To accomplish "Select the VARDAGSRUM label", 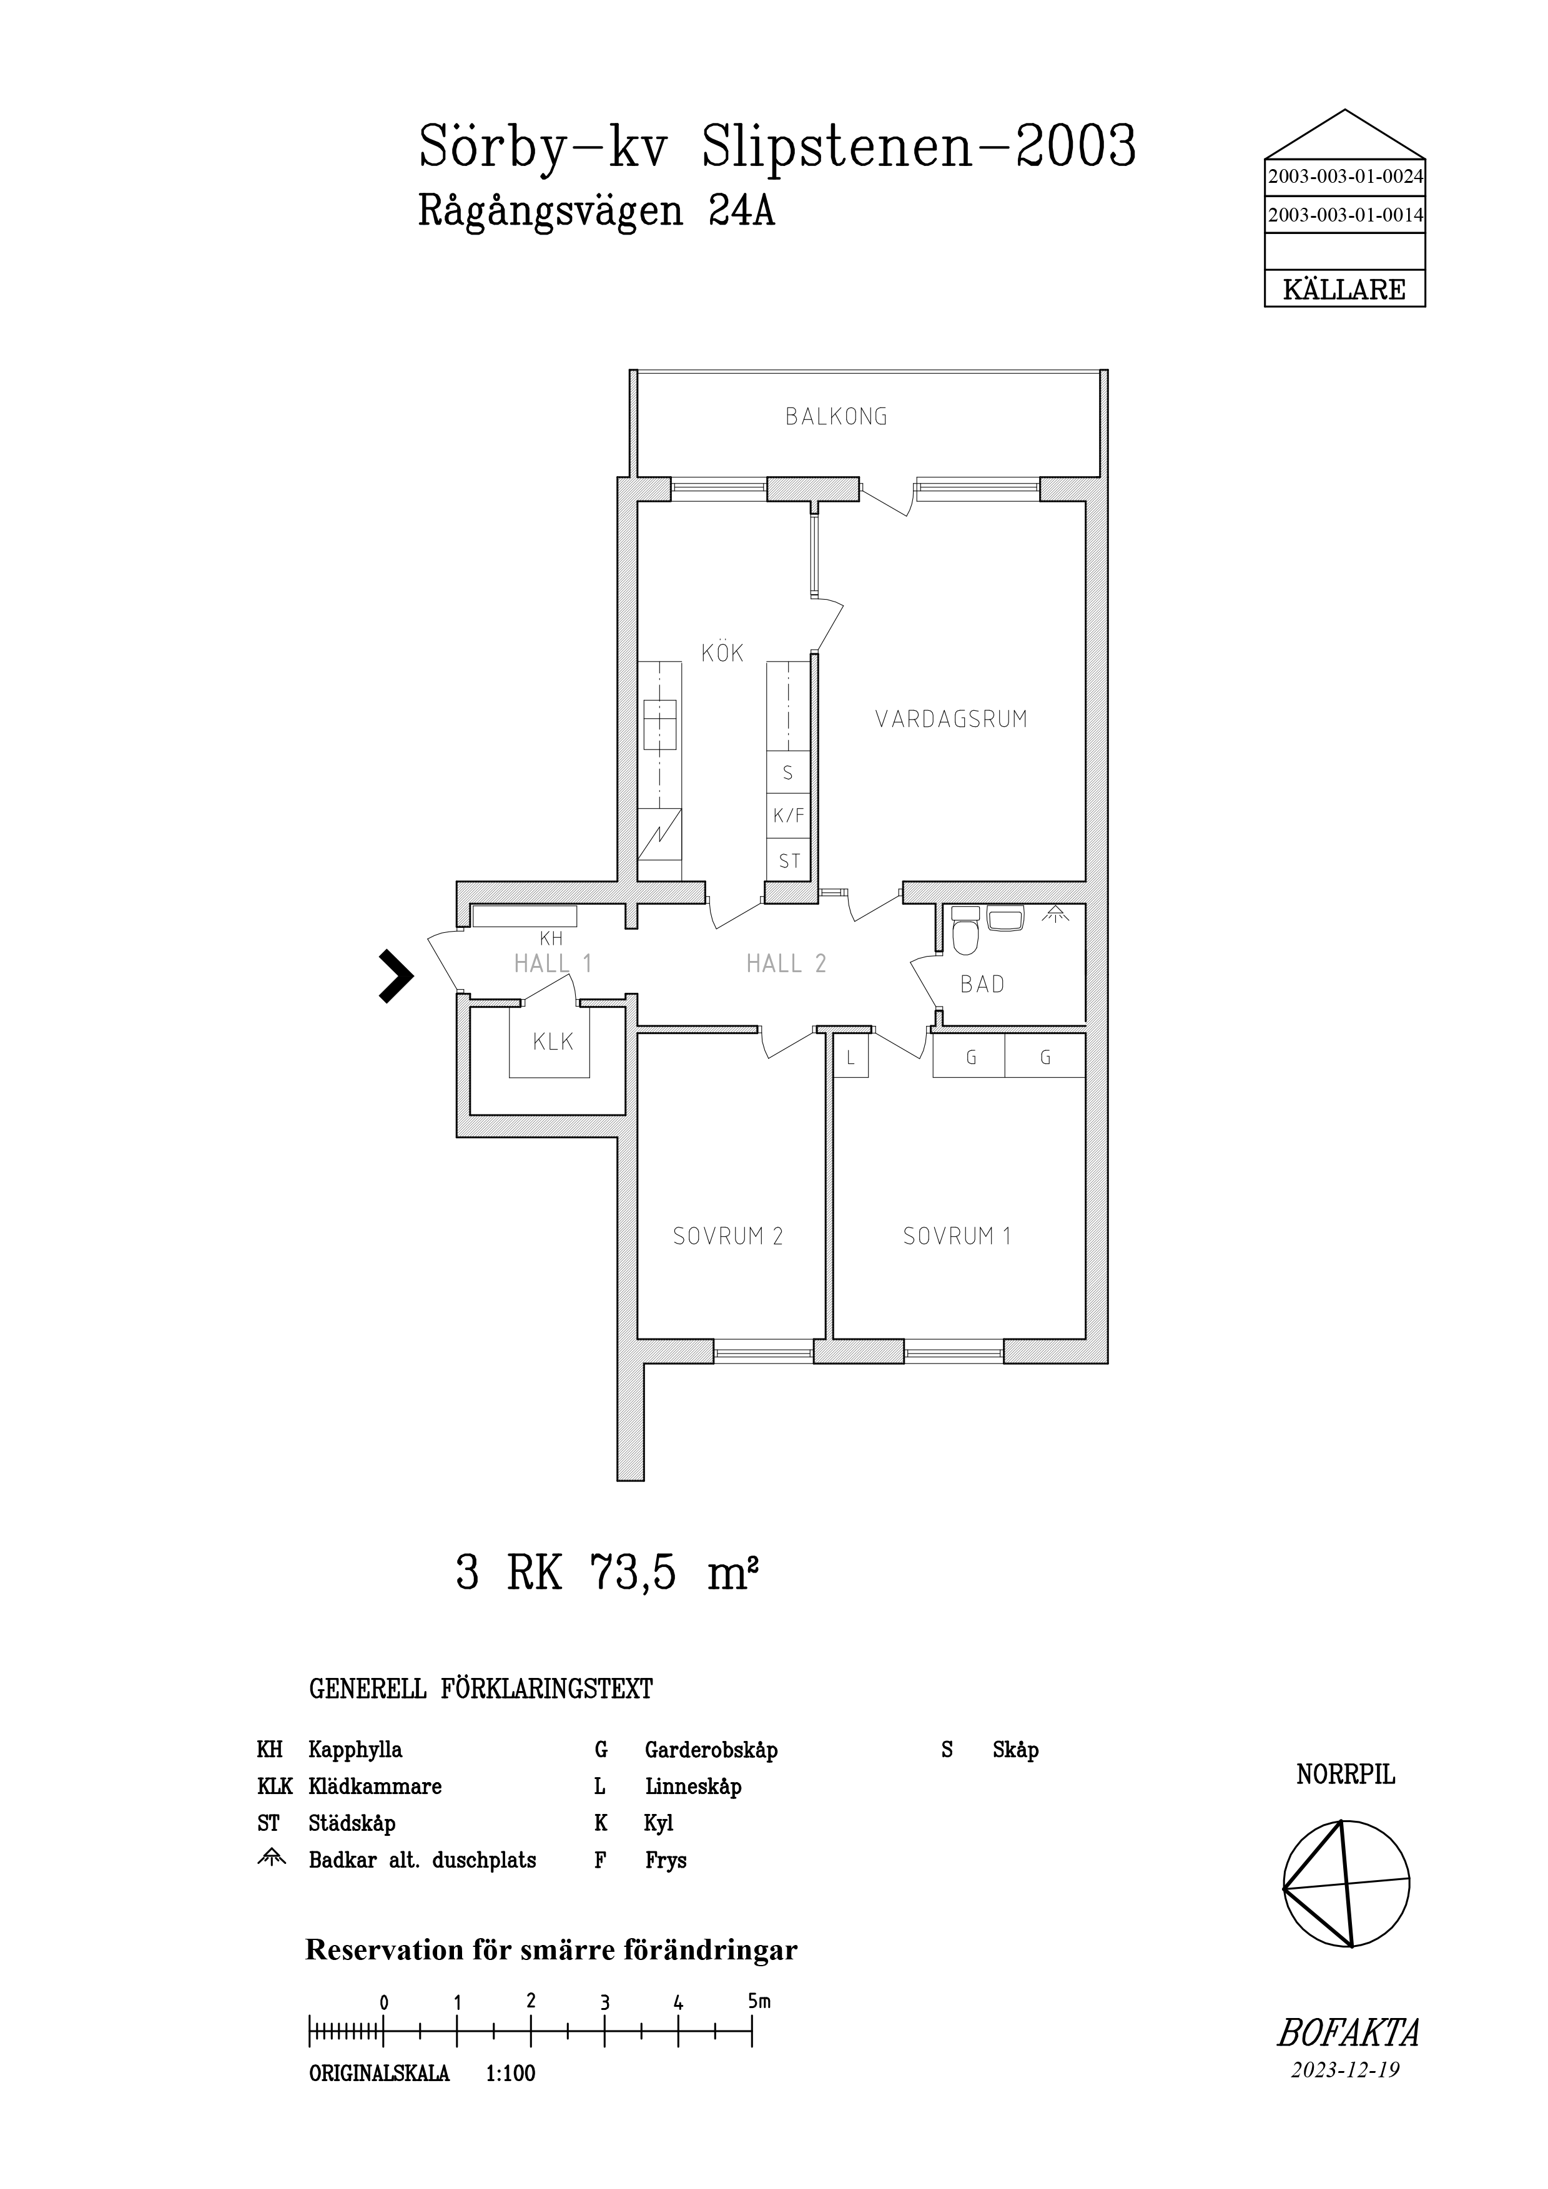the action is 951,719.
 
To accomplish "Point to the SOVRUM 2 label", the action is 727,1237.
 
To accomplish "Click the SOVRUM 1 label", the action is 957,1237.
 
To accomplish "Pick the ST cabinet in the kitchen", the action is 789,861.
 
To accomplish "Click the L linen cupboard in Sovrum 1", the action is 850,1057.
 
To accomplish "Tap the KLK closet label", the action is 553,1042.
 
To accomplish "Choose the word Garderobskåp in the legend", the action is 711,1750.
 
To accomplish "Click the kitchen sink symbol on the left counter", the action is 660,724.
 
